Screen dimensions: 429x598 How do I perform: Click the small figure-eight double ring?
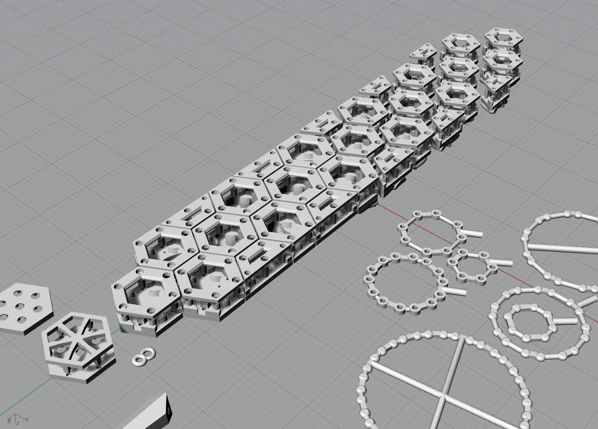point(143,357)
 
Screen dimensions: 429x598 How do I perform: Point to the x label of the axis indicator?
point(27,419)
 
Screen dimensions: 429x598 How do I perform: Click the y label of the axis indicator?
point(8,420)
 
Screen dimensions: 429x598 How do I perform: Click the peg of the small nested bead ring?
point(566,321)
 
